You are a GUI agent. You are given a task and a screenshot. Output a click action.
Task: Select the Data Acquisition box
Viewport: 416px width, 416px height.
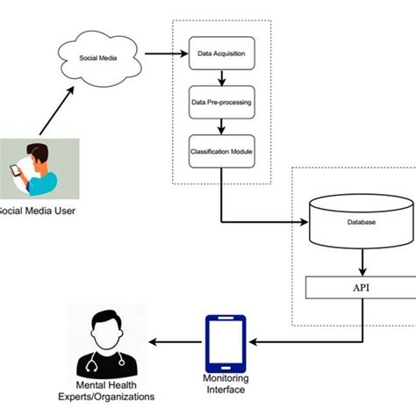coord(222,54)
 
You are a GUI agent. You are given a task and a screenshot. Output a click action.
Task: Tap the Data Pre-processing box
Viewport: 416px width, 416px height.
coord(222,102)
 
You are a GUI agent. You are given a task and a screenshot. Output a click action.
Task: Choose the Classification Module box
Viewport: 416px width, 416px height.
coord(222,150)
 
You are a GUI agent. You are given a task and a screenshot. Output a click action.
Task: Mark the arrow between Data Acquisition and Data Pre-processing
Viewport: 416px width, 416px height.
coord(222,77)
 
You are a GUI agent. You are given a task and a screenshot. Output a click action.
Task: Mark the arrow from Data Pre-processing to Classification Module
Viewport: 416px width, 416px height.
coord(222,126)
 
